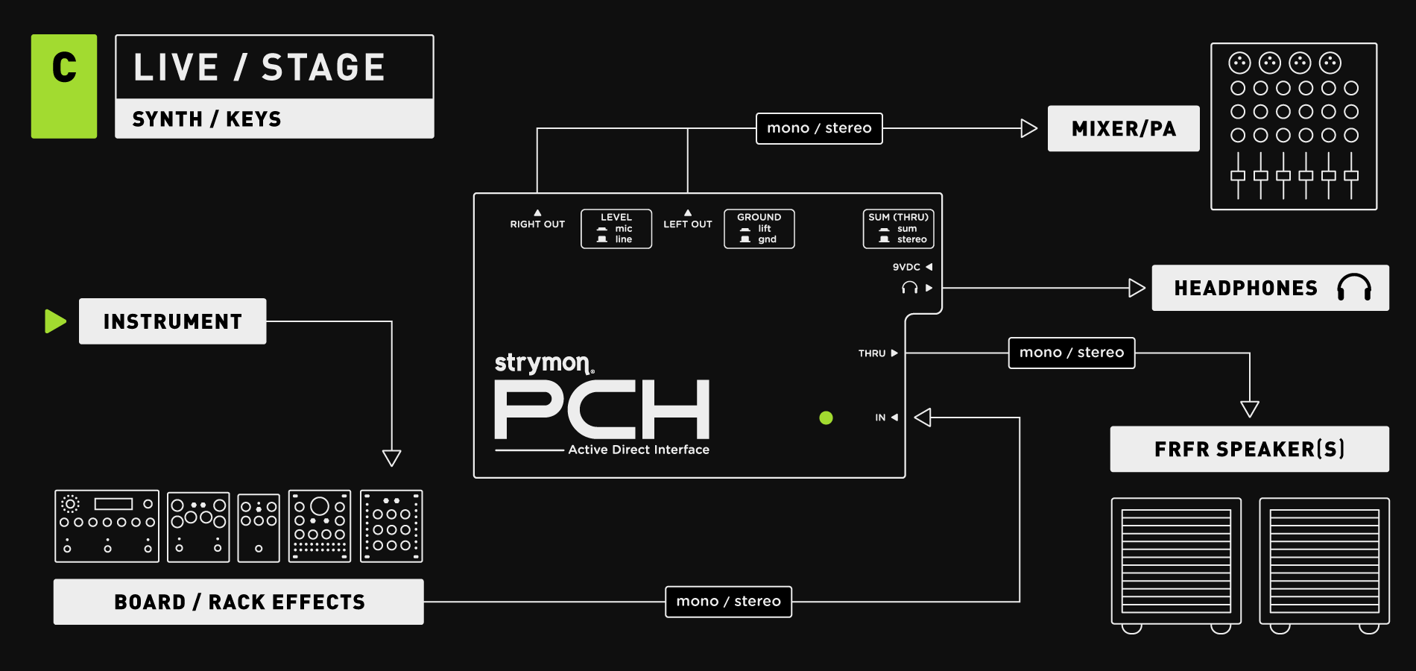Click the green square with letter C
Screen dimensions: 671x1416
64,86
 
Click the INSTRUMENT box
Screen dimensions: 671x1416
172,321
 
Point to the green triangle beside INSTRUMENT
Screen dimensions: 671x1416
55,321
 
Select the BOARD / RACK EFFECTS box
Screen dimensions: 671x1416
238,602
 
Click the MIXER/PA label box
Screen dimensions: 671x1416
1123,128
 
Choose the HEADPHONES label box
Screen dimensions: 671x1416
1270,288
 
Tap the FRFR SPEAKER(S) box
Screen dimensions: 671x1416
1249,449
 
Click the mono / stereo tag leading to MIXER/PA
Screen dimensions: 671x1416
819,128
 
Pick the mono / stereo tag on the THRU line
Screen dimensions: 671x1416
1071,353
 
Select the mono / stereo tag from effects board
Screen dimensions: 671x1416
728,602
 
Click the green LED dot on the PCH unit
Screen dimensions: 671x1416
826,418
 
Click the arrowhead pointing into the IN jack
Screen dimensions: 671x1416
923,418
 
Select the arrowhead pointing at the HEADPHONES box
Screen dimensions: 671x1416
1137,288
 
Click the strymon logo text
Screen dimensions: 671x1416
543,363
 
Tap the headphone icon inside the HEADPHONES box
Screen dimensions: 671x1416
1353,287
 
